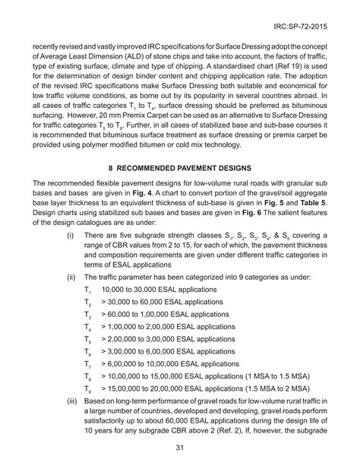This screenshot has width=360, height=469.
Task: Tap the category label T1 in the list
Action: tap(87, 291)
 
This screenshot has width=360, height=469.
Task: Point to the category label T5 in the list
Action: tap(87, 340)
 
